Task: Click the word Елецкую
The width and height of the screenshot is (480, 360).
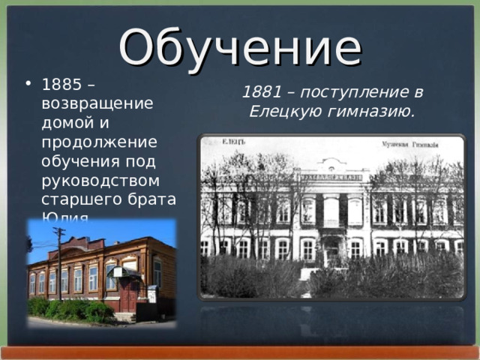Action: pos(286,112)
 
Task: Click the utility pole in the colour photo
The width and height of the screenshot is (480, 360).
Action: pos(59,262)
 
